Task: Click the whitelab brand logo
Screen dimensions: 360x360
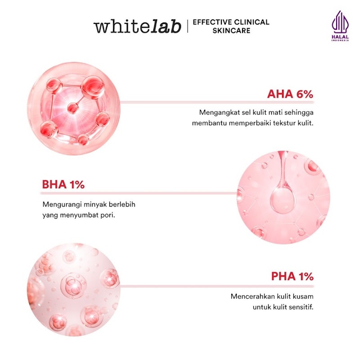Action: (137, 27)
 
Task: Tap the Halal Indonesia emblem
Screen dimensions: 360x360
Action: (340, 26)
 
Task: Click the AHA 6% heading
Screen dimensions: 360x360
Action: (290, 94)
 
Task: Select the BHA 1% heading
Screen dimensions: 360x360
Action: (63, 184)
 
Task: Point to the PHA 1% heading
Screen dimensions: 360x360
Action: (292, 276)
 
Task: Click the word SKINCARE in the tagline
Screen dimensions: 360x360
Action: (231, 31)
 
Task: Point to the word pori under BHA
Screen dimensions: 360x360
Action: (108, 216)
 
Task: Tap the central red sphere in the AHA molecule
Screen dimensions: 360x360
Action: (73, 108)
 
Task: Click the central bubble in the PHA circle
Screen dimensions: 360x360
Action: (73, 286)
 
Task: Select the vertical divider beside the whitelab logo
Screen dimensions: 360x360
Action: (188, 26)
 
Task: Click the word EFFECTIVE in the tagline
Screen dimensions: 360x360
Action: (212, 22)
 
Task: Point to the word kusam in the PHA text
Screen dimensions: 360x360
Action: (304, 297)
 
